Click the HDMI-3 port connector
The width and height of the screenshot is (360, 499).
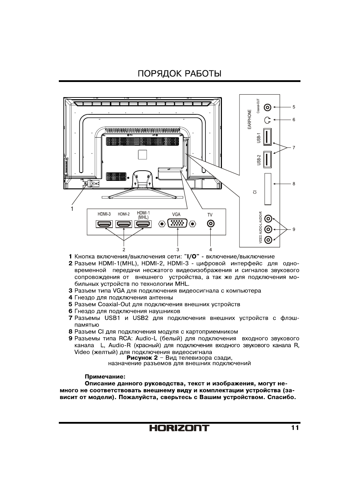tap(104, 224)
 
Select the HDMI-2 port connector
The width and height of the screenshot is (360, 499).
tap(124, 224)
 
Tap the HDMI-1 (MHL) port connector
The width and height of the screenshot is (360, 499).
tap(143, 224)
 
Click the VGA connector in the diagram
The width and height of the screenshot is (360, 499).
tap(177, 224)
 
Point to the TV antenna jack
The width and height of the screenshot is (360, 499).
tap(210, 224)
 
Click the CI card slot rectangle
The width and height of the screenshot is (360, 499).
tap(268, 189)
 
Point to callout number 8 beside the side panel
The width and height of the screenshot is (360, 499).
tap(294, 184)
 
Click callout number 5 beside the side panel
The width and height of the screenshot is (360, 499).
tap(294, 107)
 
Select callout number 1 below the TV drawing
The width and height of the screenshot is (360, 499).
tap(72, 209)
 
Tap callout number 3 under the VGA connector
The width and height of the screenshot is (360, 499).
tap(178, 249)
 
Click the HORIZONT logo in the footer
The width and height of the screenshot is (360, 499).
tap(179, 428)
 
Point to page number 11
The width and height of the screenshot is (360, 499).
tap(295, 428)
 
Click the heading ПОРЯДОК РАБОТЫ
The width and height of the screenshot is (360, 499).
tap(179, 74)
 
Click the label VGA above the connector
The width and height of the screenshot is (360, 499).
tap(176, 214)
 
